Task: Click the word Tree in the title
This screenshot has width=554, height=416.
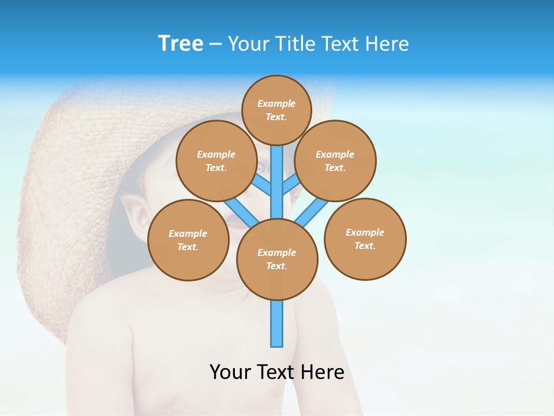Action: click(x=181, y=44)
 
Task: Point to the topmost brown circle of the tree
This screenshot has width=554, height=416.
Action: click(x=276, y=110)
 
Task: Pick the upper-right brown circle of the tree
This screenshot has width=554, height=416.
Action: click(x=335, y=161)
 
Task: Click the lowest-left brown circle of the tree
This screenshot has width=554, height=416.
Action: click(x=188, y=240)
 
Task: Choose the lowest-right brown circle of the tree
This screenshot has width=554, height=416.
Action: click(x=365, y=239)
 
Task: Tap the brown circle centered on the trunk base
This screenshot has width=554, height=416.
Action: click(x=277, y=259)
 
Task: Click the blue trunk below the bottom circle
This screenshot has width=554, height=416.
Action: click(x=277, y=324)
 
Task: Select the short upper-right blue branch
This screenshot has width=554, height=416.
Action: click(x=291, y=185)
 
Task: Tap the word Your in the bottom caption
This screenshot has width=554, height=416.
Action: click(x=230, y=372)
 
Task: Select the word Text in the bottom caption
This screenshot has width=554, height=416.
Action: click(x=276, y=372)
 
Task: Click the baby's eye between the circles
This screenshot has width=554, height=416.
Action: click(x=261, y=168)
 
